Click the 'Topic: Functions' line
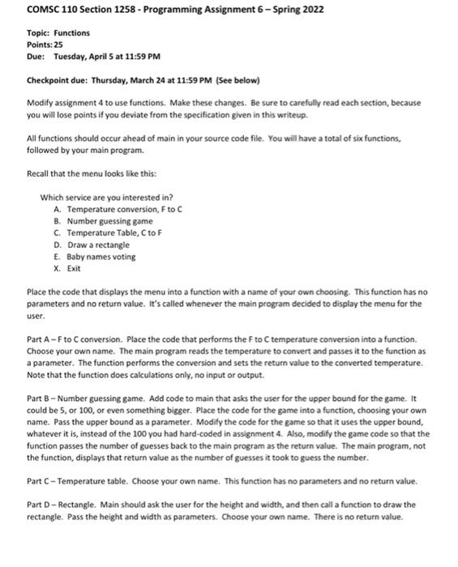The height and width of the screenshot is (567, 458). pos(58,33)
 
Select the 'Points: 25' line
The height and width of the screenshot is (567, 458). pos(47,45)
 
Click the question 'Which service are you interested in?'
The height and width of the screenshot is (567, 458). pos(106,197)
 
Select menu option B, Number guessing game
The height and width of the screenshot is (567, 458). pos(103,220)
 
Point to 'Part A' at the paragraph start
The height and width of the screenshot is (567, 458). pos(40,339)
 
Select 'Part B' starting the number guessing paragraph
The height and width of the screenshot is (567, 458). pos(40,398)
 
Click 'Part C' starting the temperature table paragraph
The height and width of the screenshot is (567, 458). pos(40,481)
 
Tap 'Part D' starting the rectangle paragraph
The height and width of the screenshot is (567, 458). pos(40,505)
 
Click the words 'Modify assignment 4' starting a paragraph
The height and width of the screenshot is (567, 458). pos(63,103)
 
